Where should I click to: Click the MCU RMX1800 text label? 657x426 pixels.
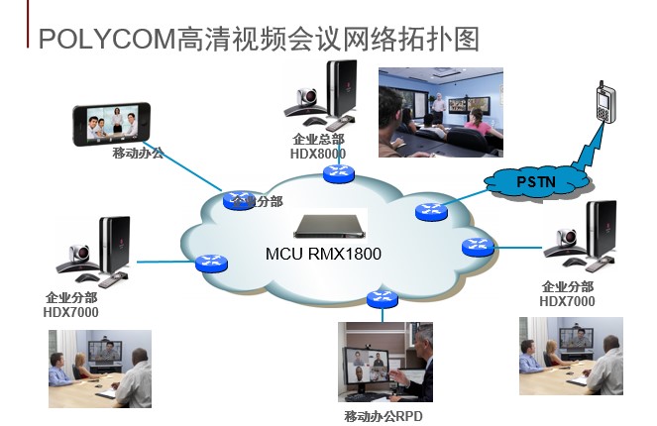[323, 254]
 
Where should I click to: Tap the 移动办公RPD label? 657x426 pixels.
[383, 416]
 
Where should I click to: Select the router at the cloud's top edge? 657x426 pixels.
[338, 173]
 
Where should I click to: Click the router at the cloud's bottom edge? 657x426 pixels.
[380, 298]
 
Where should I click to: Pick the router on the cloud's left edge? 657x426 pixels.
[210, 263]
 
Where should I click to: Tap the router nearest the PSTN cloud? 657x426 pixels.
[431, 209]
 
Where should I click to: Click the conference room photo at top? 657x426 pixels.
[440, 111]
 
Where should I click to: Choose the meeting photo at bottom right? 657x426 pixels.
[570, 356]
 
